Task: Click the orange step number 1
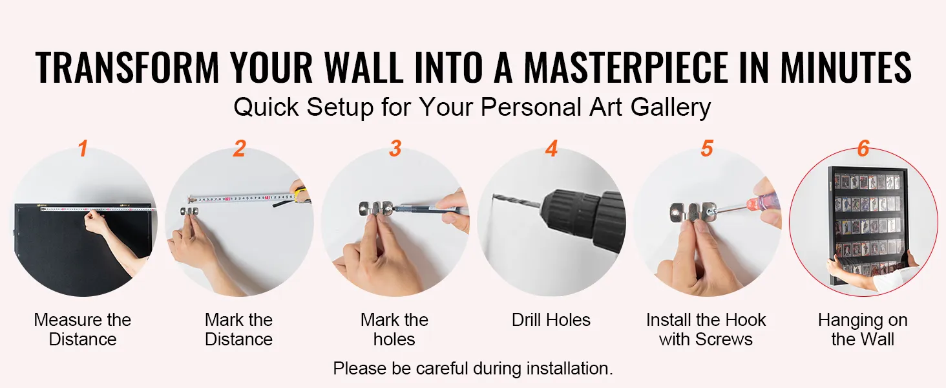click(x=83, y=148)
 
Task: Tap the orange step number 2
click(x=239, y=148)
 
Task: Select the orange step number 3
click(x=395, y=148)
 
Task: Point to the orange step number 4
click(x=551, y=148)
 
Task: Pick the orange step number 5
click(x=707, y=148)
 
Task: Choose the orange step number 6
click(x=863, y=148)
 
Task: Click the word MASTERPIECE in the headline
click(x=626, y=67)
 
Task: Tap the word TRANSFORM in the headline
click(x=127, y=67)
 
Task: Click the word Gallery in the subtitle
click(x=671, y=107)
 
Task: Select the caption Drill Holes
click(x=551, y=320)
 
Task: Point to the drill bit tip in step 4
click(x=494, y=195)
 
